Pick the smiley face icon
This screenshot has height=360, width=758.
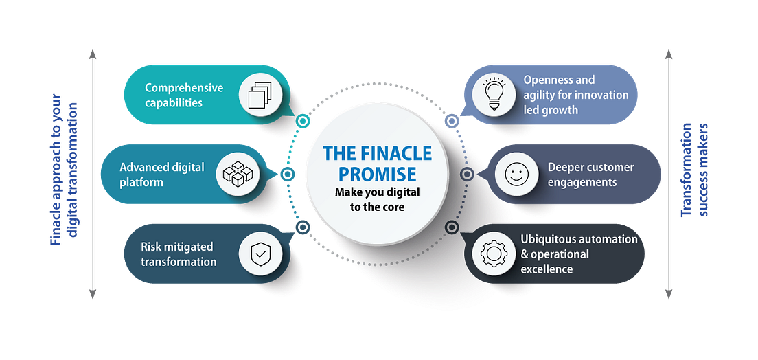click(x=515, y=175)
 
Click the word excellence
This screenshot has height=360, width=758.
click(x=547, y=269)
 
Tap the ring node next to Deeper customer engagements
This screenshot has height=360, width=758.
click(x=467, y=175)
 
